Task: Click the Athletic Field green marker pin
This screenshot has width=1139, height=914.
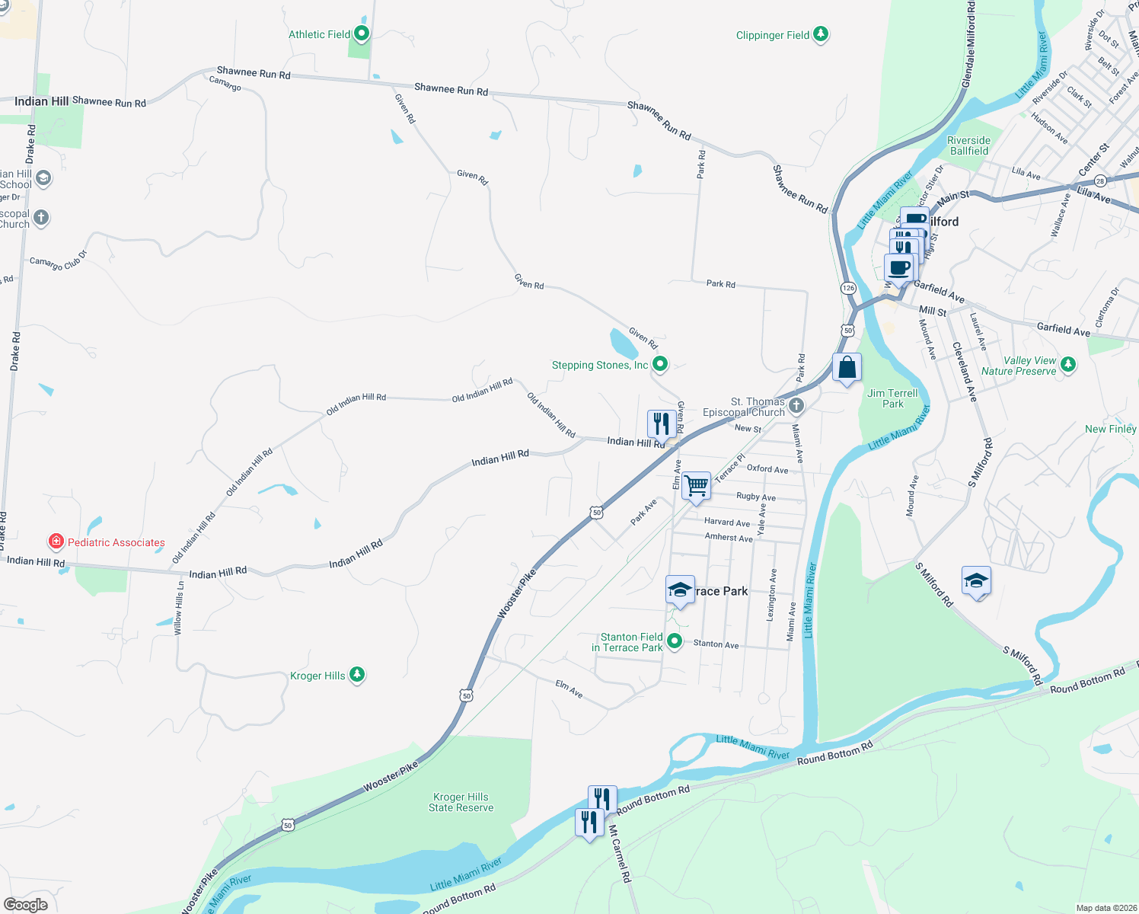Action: pyautogui.click(x=362, y=34)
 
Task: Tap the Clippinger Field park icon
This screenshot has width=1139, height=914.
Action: pyautogui.click(x=820, y=34)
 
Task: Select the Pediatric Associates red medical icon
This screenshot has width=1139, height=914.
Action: pyautogui.click(x=56, y=542)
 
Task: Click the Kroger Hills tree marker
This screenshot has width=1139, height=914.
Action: pyautogui.click(x=357, y=675)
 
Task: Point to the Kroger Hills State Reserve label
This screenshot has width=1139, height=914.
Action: pyautogui.click(x=461, y=803)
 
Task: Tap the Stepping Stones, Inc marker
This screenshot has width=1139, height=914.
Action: pyautogui.click(x=660, y=364)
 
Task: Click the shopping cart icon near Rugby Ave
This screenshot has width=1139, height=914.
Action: pyautogui.click(x=696, y=485)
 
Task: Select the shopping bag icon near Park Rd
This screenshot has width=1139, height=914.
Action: pyautogui.click(x=847, y=368)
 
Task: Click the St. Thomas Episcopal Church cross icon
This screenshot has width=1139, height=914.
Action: pyautogui.click(x=796, y=405)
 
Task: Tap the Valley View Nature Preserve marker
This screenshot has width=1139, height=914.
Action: pyautogui.click(x=1068, y=364)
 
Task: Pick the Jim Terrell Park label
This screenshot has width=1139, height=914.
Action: pyautogui.click(x=892, y=398)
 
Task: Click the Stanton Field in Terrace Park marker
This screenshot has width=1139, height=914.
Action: pyautogui.click(x=675, y=641)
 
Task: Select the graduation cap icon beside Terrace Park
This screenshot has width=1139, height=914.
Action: pyautogui.click(x=680, y=590)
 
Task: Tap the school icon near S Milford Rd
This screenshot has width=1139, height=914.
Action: pyautogui.click(x=976, y=581)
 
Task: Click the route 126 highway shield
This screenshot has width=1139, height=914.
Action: pyautogui.click(x=848, y=288)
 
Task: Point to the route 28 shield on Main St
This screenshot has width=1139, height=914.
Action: pyautogui.click(x=1100, y=181)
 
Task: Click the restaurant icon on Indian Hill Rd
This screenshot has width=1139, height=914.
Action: pyautogui.click(x=661, y=423)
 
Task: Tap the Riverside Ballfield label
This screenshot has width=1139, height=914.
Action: pyautogui.click(x=968, y=145)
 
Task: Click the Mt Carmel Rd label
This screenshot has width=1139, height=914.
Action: pyautogui.click(x=620, y=854)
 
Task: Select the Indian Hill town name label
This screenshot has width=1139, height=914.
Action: pyautogui.click(x=41, y=101)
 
